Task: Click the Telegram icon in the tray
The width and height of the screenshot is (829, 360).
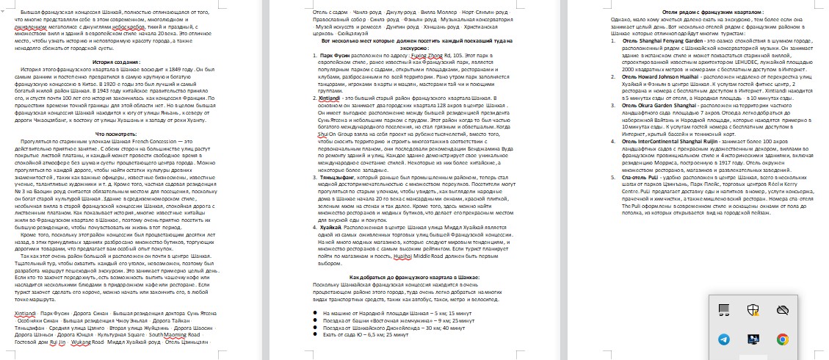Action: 724,339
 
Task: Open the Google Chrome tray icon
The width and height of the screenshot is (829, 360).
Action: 783,339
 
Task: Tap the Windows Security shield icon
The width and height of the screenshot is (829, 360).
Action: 753,310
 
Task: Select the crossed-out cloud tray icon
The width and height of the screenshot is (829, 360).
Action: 783,310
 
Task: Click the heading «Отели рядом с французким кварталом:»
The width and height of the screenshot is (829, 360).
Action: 704,13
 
